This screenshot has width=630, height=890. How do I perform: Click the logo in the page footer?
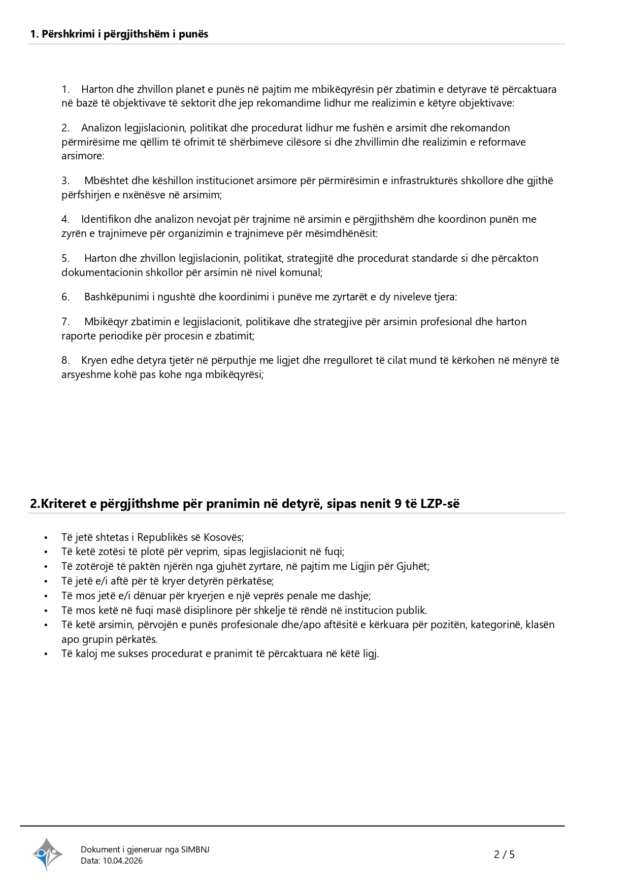tap(48, 854)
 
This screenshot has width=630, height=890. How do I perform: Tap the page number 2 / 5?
tap(504, 854)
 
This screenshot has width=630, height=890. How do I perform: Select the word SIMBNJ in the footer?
tap(195, 849)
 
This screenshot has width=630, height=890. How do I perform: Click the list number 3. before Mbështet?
tap(65, 181)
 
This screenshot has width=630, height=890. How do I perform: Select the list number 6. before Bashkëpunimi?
tap(65, 297)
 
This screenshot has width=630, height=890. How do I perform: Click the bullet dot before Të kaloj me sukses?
tap(46, 654)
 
